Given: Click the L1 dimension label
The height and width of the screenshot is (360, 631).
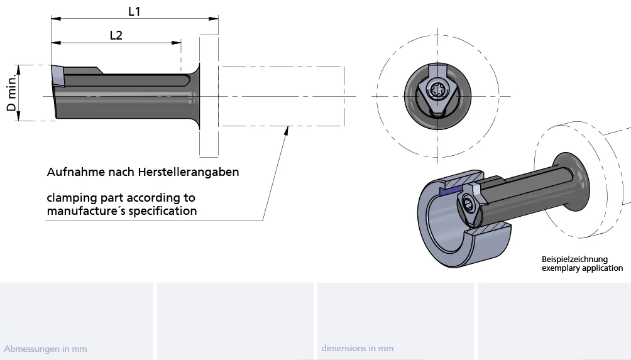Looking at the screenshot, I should (134, 11).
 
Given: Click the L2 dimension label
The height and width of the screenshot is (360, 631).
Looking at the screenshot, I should (116, 35).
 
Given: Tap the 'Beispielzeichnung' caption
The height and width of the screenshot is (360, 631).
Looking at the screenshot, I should (575, 259).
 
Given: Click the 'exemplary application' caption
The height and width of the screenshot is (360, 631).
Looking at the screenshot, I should (582, 268).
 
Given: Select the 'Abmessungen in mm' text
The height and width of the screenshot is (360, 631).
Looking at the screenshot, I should (45, 349).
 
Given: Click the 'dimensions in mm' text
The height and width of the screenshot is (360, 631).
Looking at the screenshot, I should (357, 348).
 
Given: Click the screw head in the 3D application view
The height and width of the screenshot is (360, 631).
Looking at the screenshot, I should (470, 202).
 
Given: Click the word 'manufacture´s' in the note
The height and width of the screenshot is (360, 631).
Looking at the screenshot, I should (84, 211).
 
